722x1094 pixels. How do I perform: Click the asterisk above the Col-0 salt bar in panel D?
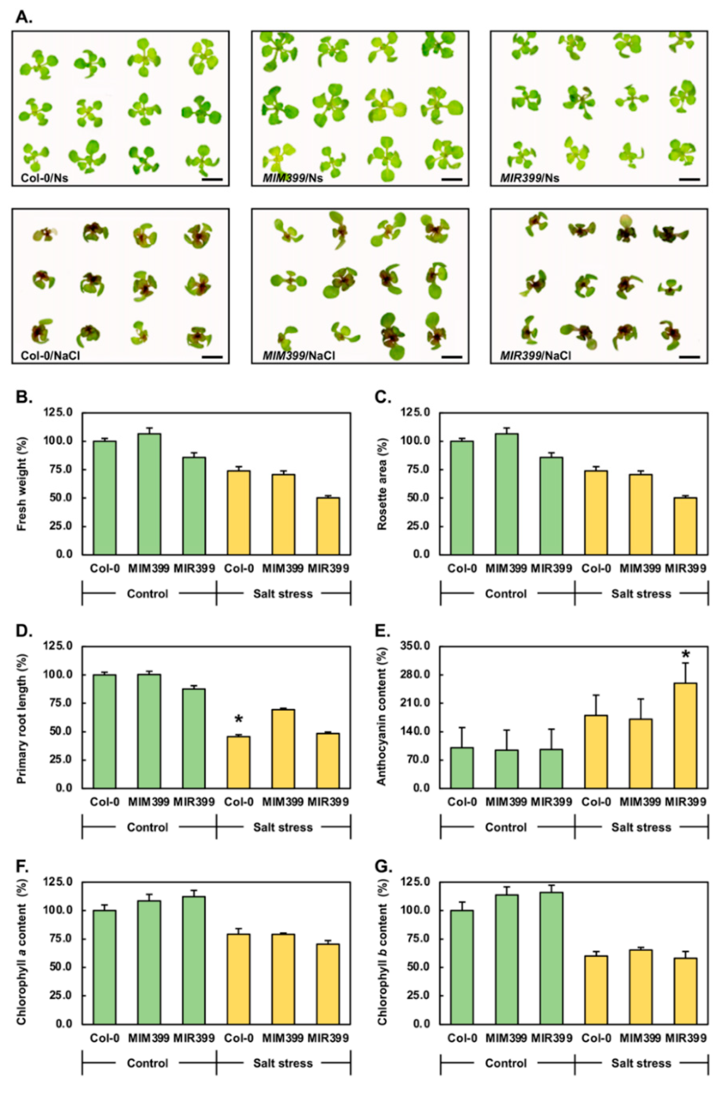238,719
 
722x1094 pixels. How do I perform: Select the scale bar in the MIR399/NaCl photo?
689,356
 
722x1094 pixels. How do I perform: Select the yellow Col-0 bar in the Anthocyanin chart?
596,751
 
